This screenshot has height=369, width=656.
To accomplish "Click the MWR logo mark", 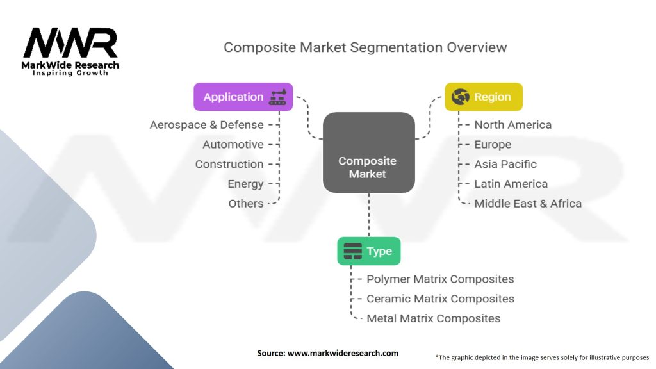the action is coord(70,43).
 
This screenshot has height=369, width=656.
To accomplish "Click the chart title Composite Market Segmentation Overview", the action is coord(365,47).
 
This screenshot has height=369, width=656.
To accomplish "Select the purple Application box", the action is coord(243,97).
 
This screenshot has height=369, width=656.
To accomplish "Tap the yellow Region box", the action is coord(484,97).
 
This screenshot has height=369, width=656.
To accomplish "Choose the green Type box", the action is coord(368,251).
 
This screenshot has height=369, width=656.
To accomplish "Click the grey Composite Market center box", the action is coord(368,152).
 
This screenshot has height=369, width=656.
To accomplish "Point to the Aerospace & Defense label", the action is coord(207,125).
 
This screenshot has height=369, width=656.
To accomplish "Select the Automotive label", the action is coord(233,144).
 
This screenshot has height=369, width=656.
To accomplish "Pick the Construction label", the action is coord(229,164).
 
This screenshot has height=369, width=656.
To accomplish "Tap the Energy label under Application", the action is coord(245,184).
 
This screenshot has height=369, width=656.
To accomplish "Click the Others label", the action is coord(246,204).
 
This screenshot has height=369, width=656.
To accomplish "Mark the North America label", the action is coord(513,125).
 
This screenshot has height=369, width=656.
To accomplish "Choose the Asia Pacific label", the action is coord(505,164).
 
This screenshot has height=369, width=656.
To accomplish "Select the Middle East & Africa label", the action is coord(528,204).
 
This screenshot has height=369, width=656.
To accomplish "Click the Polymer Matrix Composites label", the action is coord(440,279).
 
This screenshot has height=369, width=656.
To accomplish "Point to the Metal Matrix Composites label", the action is coord(434,318).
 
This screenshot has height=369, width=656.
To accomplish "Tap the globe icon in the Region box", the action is coord(460,97).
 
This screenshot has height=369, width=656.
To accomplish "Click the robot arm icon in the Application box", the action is coord(278,97).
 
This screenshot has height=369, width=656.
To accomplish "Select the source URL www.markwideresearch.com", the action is coord(343,353).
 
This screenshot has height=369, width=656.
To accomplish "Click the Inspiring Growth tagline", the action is coord(70,73).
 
